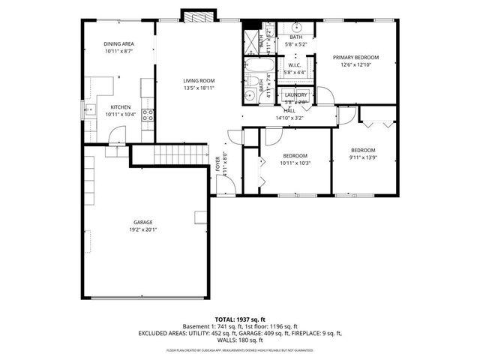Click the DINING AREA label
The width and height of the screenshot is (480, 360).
[118, 44]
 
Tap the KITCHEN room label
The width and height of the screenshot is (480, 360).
[121, 107]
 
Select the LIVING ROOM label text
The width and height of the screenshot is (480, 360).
[199, 81]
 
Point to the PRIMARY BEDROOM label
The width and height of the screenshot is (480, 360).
[356, 58]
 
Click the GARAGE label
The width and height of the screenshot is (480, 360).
[143, 223]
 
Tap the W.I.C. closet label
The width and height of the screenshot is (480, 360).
[294, 66]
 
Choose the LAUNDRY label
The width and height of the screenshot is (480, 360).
[295, 95]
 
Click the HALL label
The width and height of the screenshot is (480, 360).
[289, 110]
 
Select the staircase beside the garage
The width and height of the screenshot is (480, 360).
[180, 156]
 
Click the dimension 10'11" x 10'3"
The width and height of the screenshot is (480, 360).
[295, 163]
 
